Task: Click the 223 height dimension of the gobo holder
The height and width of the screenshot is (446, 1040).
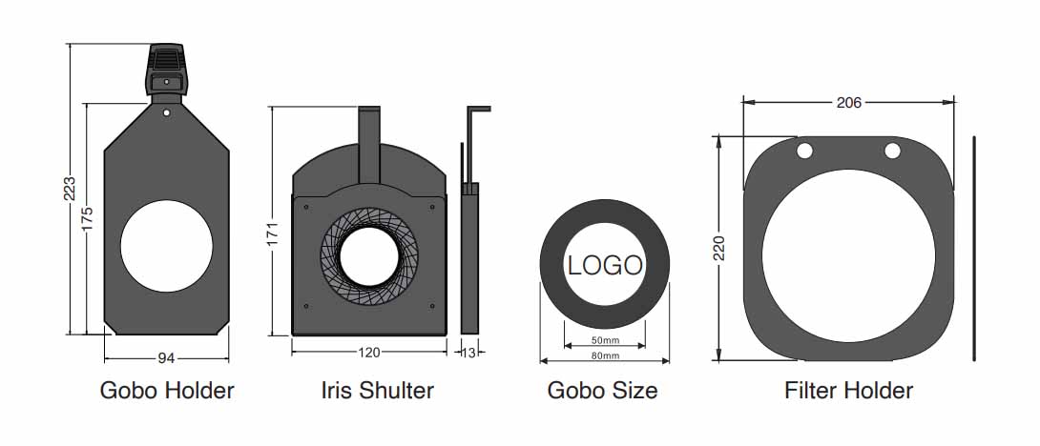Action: pyautogui.click(x=71, y=189)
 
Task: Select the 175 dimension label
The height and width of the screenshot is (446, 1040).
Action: pyautogui.click(x=88, y=219)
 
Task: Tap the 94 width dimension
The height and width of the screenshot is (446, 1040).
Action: pyautogui.click(x=166, y=358)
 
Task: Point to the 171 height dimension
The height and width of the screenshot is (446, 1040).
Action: pyautogui.click(x=272, y=233)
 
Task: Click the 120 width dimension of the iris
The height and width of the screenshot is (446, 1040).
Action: pyautogui.click(x=369, y=353)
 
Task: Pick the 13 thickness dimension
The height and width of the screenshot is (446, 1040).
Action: pyautogui.click(x=468, y=353)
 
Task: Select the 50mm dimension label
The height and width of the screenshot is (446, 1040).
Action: pyautogui.click(x=604, y=340)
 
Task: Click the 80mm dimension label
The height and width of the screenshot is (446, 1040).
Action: pyautogui.click(x=604, y=355)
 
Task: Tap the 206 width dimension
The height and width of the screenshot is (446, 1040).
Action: pyautogui.click(x=848, y=102)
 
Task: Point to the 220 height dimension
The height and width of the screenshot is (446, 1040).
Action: pyautogui.click(x=719, y=248)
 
